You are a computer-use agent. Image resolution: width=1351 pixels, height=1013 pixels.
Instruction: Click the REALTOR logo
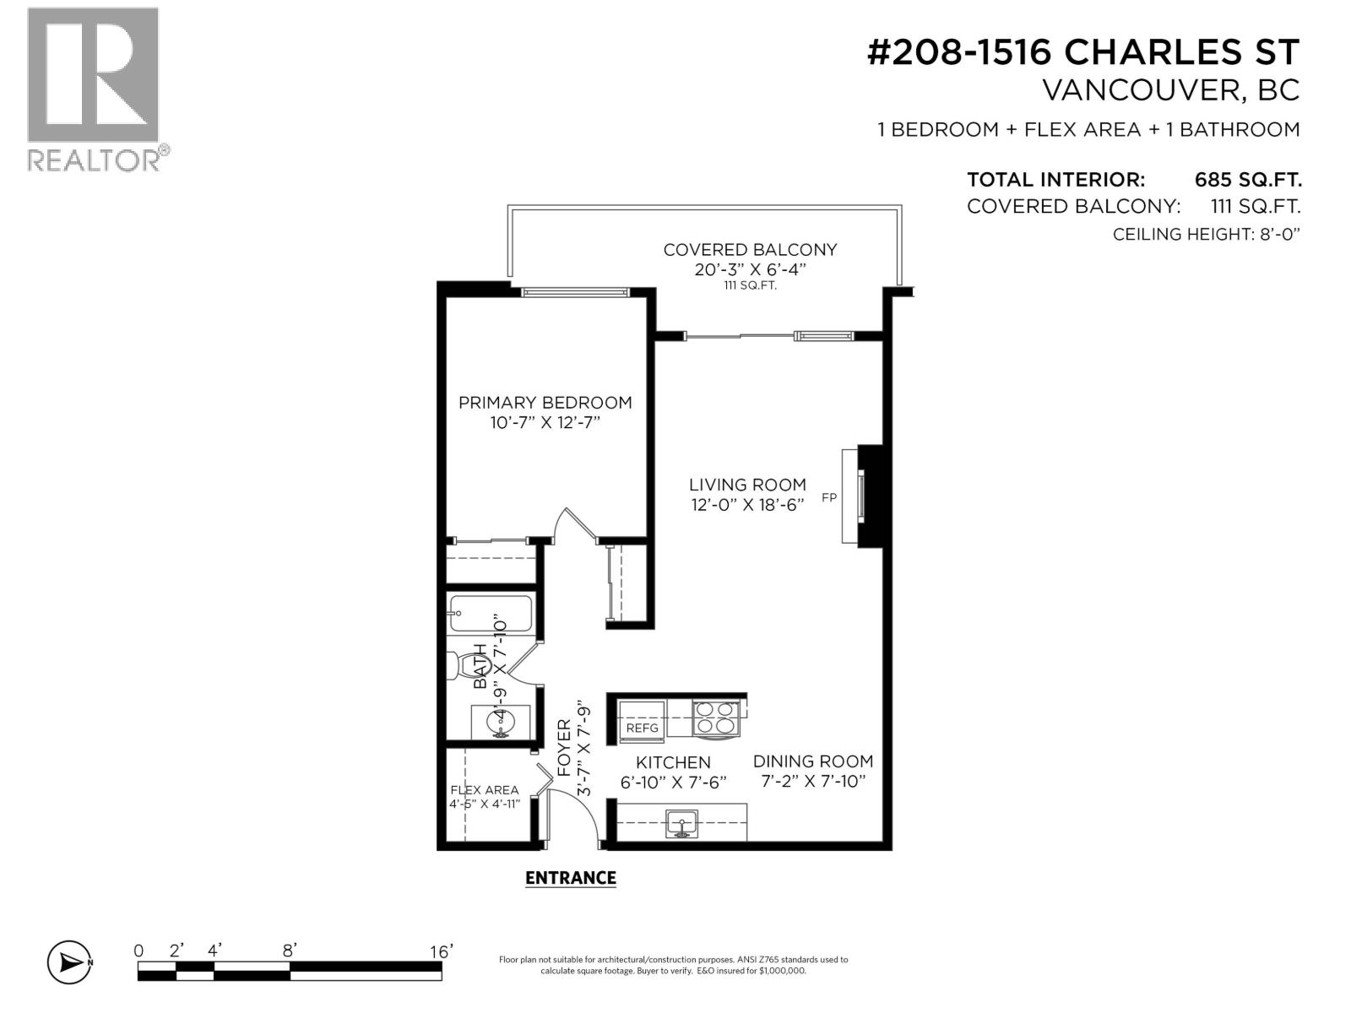(93, 89)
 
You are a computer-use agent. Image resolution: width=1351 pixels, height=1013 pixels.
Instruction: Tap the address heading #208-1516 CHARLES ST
(1083, 52)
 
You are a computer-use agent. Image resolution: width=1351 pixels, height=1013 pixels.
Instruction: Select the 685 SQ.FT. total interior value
(1247, 180)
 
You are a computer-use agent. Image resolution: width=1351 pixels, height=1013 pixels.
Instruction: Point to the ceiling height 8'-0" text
(1206, 235)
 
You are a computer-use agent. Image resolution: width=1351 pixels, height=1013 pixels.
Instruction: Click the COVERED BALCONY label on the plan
(750, 250)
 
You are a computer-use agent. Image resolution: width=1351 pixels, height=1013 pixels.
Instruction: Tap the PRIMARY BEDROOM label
(545, 403)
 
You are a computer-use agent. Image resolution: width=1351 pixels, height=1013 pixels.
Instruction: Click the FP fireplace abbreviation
(829, 498)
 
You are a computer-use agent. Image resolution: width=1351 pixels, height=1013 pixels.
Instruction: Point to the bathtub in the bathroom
(491, 615)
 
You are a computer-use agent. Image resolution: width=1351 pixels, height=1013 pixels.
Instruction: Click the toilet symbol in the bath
(464, 667)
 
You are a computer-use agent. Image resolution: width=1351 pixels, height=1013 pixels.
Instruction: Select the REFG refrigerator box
(642, 727)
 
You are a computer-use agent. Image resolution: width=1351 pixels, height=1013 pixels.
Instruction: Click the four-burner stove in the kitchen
(715, 718)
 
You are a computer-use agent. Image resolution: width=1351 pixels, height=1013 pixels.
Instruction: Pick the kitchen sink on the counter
(681, 822)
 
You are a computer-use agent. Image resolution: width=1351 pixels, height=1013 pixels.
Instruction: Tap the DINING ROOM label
(812, 761)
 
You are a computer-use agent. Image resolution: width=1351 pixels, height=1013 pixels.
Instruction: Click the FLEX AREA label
(485, 790)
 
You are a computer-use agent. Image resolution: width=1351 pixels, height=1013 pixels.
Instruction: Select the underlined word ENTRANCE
(570, 878)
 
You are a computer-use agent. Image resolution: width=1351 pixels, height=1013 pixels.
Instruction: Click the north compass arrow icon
(70, 962)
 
